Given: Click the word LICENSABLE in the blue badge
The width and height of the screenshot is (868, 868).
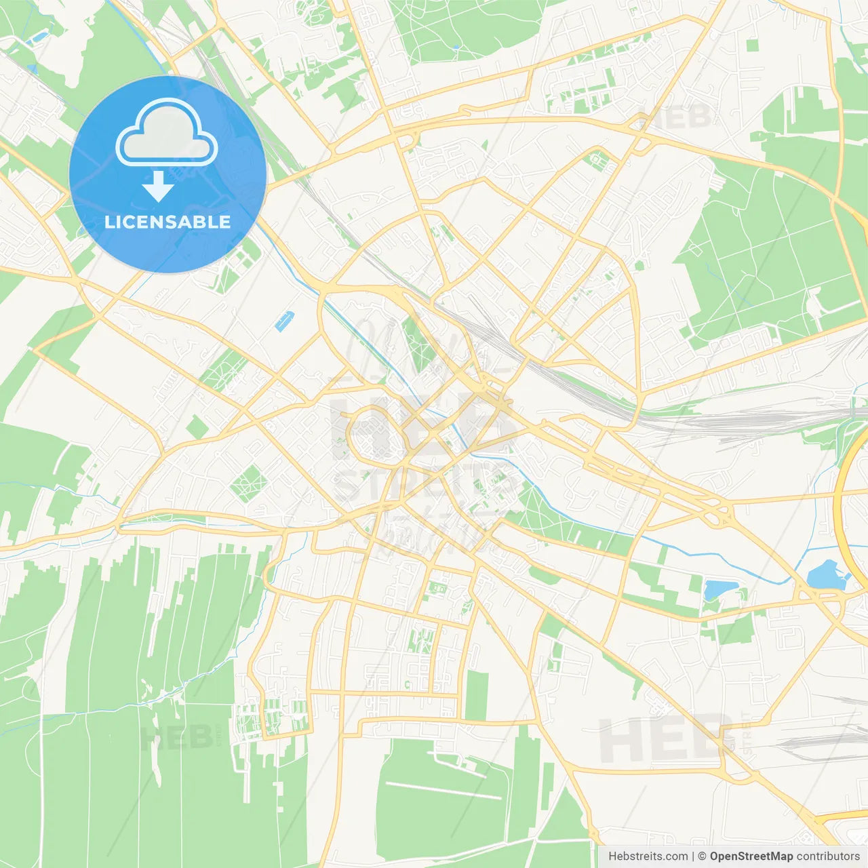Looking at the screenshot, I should tap(167, 222).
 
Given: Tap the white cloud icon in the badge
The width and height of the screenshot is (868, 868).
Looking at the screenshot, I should tap(167, 133).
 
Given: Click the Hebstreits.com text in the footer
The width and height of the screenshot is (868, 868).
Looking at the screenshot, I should tap(648, 856).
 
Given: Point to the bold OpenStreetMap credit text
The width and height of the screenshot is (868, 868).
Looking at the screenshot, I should tap(751, 856).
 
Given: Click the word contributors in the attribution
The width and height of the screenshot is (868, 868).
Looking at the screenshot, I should tap(828, 856).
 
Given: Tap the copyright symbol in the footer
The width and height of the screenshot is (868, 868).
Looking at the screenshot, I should tap(703, 856).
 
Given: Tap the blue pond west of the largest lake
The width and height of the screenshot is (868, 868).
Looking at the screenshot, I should tap(715, 589).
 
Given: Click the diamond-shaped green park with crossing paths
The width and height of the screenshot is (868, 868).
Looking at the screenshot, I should tap(249, 484).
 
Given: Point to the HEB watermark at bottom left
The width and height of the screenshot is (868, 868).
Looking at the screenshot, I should tap(176, 737).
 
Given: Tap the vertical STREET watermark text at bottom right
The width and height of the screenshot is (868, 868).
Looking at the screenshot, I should tap(747, 733).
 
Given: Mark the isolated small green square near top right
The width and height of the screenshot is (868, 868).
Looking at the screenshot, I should tap(751, 45).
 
